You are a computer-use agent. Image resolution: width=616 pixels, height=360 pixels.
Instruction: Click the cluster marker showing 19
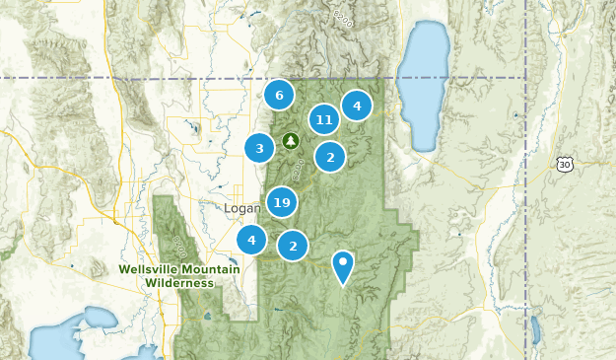[282, 203]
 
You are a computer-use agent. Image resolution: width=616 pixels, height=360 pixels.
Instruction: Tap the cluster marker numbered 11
[323, 120]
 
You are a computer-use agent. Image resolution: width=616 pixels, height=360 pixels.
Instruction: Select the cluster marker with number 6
[279, 96]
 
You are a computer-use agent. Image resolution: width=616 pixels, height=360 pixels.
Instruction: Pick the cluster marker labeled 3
[259, 149]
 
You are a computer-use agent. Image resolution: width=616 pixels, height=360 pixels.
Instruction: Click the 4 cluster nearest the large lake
[357, 106]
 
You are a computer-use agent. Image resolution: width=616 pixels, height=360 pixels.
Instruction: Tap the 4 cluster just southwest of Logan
[251, 239]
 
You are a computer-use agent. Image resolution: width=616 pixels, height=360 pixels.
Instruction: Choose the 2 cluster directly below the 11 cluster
[330, 157]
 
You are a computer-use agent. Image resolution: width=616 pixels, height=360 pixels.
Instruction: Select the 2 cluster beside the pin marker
[293, 246]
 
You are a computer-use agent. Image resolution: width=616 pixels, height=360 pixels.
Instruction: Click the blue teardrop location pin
[342, 264]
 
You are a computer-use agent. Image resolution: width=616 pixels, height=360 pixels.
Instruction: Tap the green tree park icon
[291, 141]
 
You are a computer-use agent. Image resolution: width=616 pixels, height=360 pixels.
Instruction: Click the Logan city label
[242, 209]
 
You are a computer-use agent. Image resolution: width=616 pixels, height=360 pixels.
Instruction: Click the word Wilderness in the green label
[179, 283]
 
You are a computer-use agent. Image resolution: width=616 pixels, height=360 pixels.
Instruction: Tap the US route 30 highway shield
[563, 164]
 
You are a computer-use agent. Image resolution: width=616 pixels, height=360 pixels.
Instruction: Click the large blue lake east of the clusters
[424, 84]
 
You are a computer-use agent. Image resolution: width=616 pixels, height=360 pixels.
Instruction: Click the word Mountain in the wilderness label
[218, 269]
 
